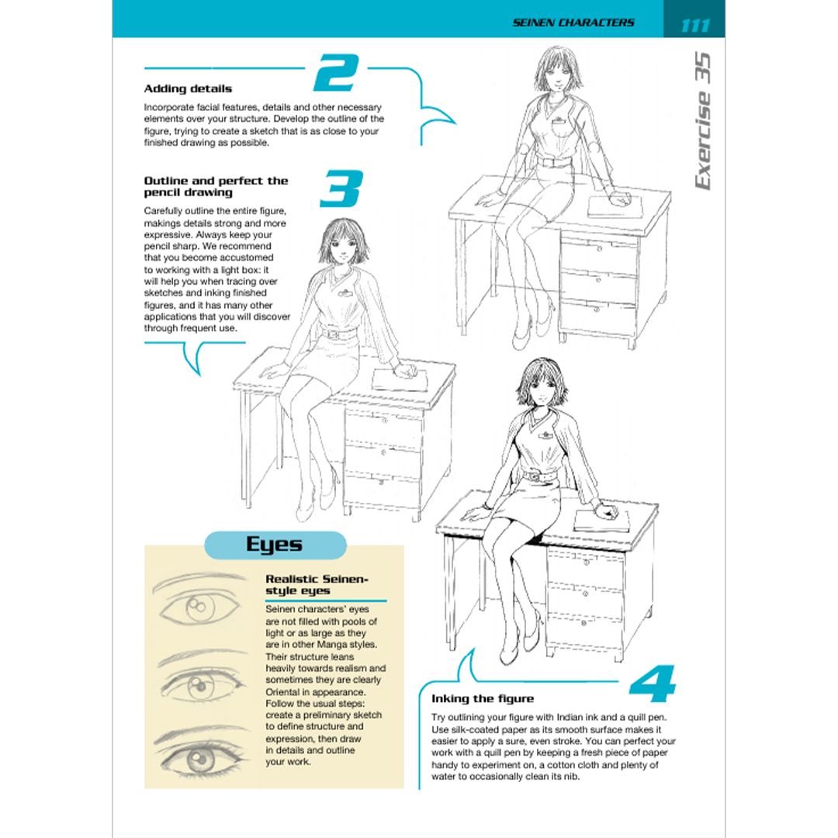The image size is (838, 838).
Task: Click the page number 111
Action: (695, 25)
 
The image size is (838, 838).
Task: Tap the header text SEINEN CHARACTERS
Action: (573, 23)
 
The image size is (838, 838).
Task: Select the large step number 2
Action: (336, 72)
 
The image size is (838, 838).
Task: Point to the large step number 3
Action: (342, 189)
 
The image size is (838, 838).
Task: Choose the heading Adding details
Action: (188, 88)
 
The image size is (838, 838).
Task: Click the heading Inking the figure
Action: (483, 698)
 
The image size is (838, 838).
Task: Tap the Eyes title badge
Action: (275, 545)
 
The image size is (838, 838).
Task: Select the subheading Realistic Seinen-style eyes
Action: (317, 585)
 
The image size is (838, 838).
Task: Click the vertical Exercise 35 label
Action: (703, 121)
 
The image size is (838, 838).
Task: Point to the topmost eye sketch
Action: (200, 602)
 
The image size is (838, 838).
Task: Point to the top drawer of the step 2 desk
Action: (598, 255)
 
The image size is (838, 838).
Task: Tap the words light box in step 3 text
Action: (244, 270)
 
